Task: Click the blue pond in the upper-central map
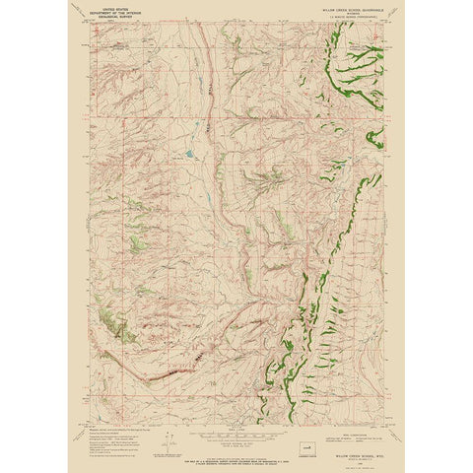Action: click(x=185, y=154)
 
